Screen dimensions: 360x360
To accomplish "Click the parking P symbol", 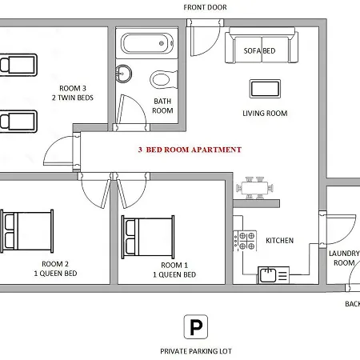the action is (196, 326).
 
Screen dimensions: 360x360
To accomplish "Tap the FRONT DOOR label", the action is (205, 7).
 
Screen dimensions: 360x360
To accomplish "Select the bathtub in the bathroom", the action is (147, 43).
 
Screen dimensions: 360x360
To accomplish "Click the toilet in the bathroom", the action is (164, 79).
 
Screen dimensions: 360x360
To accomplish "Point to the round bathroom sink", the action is (123, 74).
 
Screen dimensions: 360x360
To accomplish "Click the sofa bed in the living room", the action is (262, 45).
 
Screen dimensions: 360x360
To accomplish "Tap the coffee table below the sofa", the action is (265, 89).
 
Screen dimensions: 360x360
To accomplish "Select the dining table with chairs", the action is (254, 188).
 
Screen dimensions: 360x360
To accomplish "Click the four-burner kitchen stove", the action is (245, 241).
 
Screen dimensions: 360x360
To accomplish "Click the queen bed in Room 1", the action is (148, 237).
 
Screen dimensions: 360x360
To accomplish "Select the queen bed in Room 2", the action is (26, 231).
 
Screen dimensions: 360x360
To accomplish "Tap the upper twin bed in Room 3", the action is (18, 65).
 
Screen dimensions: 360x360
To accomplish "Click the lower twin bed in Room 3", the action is (18, 122).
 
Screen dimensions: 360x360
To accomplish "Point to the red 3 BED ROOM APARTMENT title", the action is (190, 150).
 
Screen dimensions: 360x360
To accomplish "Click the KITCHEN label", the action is (279, 241).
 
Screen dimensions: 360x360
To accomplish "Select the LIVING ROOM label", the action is (265, 114).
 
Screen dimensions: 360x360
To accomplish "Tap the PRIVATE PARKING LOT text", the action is (196, 351).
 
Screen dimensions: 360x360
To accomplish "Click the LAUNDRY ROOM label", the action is (344, 258).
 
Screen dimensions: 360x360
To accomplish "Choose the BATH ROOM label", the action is (162, 106).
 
